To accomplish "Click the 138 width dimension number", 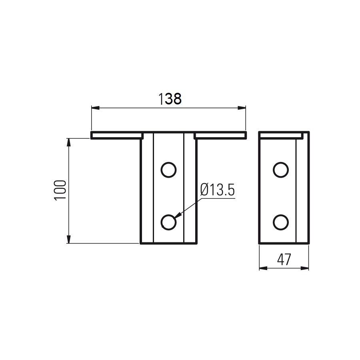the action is pos(170,99).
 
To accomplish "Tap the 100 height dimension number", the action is pos(60,190).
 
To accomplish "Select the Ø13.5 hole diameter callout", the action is pos(218,190).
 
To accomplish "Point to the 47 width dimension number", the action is pos(284,260).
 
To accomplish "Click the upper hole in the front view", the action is pos(168,170).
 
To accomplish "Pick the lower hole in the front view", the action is pos(168,222).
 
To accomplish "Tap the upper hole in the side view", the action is pos(281,170).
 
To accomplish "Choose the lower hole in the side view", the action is pos(281,222).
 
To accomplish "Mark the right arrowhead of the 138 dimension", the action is pos(242,108).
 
